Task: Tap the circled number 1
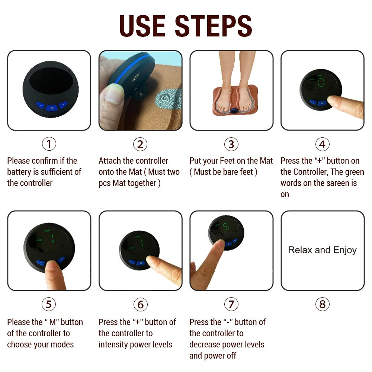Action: point(49,144)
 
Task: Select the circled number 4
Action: point(322,144)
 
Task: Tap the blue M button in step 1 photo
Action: point(51,108)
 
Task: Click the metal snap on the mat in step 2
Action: point(163,99)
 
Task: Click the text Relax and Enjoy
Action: point(322,250)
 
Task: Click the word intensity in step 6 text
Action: point(113,344)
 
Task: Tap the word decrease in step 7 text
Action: point(205,344)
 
